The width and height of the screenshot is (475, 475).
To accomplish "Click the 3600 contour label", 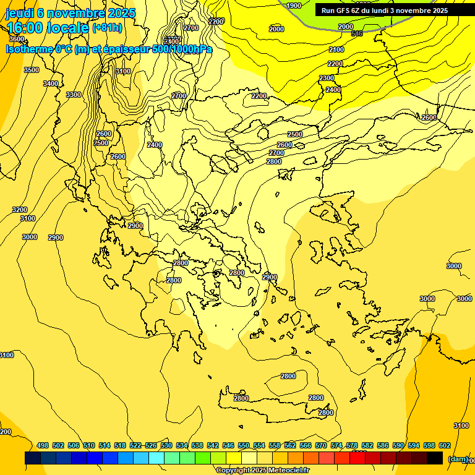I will pos(17,39).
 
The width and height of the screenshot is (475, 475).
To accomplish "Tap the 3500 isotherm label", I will pos(32,70).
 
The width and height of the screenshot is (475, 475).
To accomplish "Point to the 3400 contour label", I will pos(51,83).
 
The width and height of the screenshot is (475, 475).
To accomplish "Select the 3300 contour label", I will pos(74,95).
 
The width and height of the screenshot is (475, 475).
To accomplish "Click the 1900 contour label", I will pos(294,6).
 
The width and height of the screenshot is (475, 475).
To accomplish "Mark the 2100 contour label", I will pos(336,49).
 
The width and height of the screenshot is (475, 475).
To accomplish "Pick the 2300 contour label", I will pos(327,78).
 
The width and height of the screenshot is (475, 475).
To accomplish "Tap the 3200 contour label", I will pos(20,210).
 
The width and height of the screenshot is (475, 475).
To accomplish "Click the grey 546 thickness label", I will pos(357,33).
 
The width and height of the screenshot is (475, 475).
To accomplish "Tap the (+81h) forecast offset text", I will pos(107,28).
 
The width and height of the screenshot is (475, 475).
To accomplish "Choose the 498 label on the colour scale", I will pos(43,445).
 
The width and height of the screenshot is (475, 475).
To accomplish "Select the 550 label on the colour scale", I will pos(244,445).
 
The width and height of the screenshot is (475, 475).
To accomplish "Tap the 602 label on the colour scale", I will pos(445,445).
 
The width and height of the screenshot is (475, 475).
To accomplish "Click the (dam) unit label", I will pos(458,459).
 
